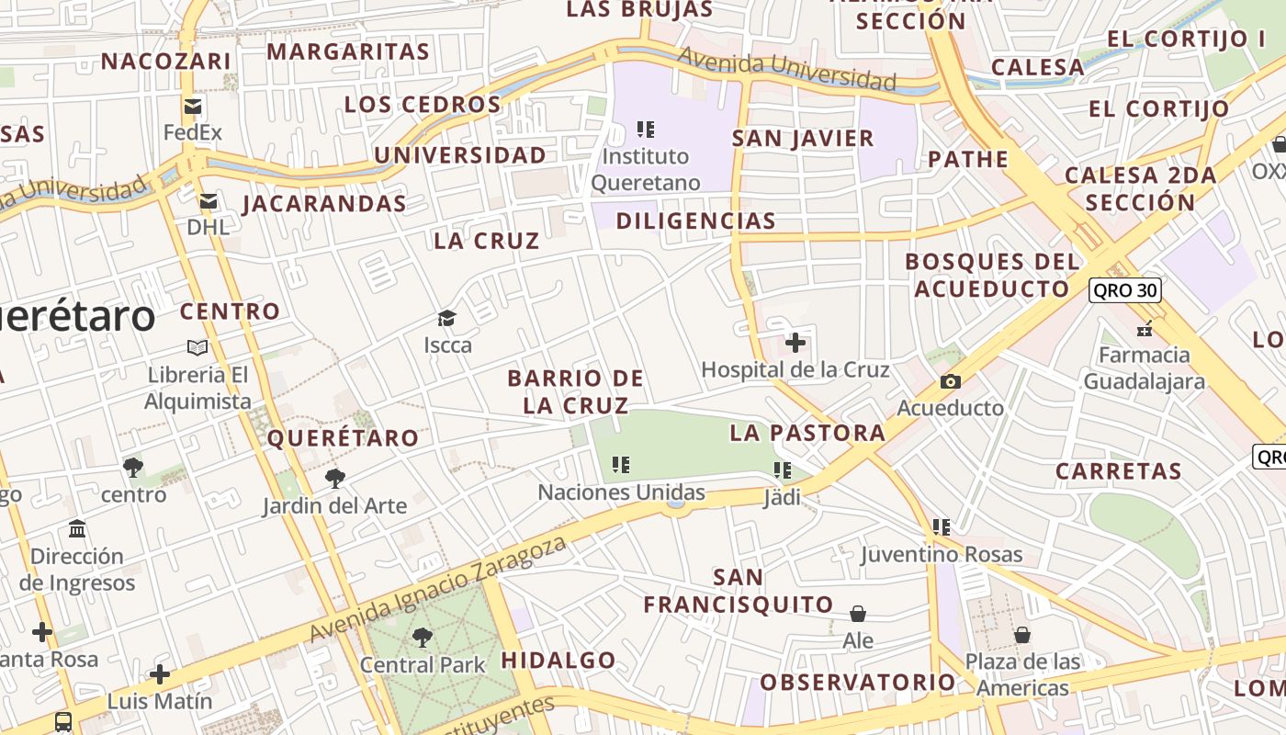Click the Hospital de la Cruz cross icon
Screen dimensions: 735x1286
pos(795,344)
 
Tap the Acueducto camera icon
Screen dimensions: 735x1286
pos(951,381)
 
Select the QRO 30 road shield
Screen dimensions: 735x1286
pos(1125,291)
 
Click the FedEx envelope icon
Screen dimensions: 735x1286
pos(193,107)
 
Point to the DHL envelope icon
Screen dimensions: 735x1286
pos(209,201)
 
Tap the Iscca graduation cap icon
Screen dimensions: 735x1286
pos(447,319)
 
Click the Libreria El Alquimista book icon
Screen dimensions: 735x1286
pos(197,347)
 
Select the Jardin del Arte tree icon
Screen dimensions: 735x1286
pos(335,478)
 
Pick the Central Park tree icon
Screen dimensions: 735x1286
pos(423,637)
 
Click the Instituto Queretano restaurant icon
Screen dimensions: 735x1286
pos(646,130)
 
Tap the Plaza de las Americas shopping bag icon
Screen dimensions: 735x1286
pos(1021,635)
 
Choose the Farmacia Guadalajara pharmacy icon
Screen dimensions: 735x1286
pos(1145,328)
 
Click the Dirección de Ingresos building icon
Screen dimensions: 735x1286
pos(77,529)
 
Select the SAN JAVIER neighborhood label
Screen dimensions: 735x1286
pos(803,139)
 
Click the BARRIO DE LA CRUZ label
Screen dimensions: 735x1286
pos(576,391)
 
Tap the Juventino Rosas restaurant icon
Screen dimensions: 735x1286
pos(941,527)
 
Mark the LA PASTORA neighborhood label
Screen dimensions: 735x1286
pos(807,433)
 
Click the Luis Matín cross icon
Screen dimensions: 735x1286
pos(160,674)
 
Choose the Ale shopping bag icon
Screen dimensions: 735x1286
pos(858,613)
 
